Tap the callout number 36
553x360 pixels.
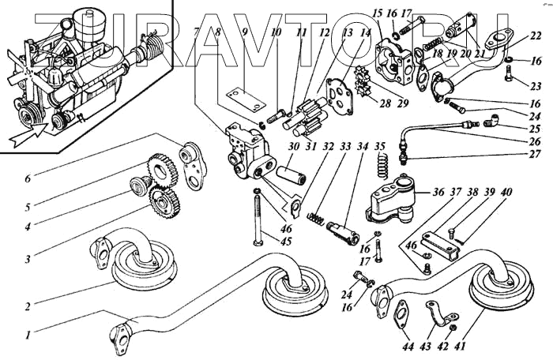(438, 192)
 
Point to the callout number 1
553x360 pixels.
(29, 334)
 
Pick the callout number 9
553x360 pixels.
(245, 33)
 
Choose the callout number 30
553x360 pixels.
(271, 146)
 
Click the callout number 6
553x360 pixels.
(28, 179)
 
